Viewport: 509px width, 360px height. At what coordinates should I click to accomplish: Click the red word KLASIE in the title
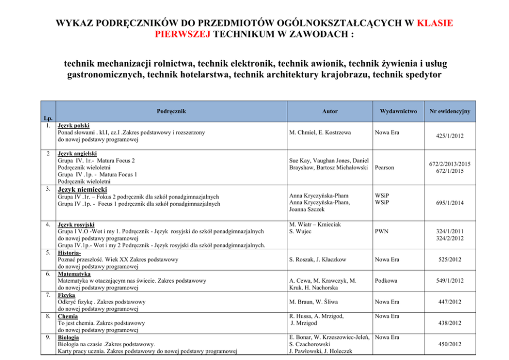(435, 23)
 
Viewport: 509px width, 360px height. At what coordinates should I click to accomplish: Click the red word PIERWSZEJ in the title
(182, 34)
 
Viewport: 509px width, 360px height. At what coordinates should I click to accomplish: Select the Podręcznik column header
(171, 111)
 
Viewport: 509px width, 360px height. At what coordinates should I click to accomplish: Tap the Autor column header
(330, 111)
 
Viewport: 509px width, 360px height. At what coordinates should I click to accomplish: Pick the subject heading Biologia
(68, 338)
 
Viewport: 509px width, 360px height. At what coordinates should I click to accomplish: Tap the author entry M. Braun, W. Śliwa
(314, 302)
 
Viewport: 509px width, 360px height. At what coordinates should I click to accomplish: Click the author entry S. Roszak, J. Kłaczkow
(318, 259)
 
